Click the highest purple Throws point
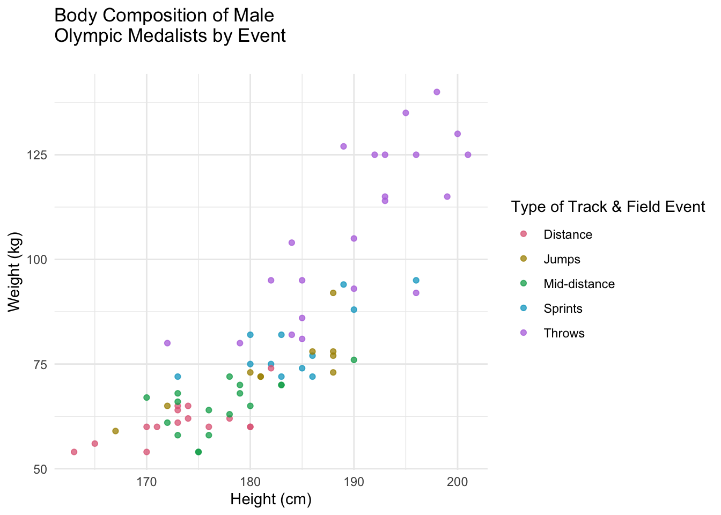point(437,92)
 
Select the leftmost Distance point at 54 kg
point(74,452)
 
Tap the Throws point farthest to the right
point(468,154)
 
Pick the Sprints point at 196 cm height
point(416,280)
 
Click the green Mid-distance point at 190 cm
point(354,359)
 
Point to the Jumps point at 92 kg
point(333,292)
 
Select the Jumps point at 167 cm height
point(115,431)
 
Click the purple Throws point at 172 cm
point(167,343)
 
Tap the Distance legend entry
point(567,234)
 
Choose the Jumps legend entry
point(561,259)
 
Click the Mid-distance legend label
point(579,284)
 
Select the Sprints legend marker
point(524,308)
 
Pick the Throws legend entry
point(563,333)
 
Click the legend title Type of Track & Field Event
point(608,207)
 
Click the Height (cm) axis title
point(271,499)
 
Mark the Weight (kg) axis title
point(14,271)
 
